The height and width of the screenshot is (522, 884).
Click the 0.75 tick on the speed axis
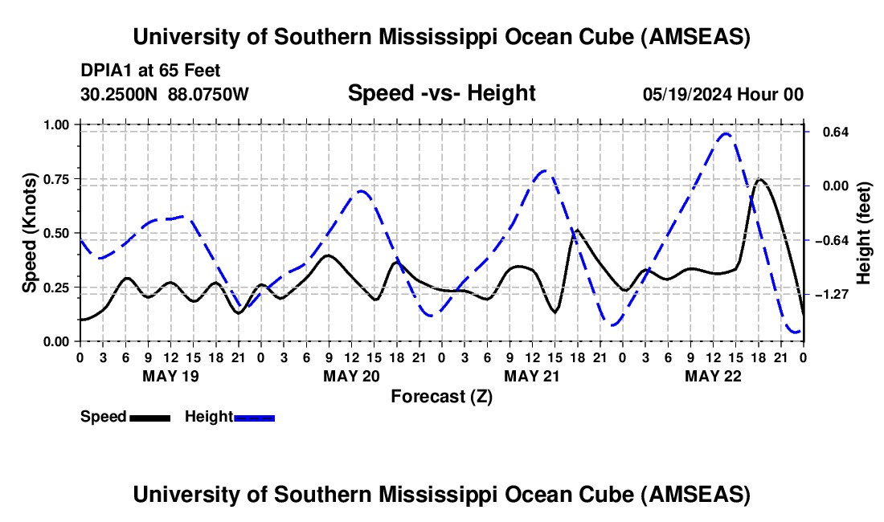80,179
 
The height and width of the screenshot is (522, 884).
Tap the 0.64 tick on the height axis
804,132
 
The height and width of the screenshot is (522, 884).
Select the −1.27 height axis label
830,295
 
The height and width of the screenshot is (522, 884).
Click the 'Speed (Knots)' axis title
30,233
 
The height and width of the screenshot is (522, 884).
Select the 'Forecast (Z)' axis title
441,396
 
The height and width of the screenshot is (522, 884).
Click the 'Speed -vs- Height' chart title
441,93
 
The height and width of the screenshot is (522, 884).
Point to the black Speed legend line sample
149,417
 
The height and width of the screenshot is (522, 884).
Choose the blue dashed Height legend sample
254,417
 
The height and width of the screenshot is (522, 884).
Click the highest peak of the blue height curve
726,134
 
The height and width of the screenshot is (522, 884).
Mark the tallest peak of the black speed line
759,179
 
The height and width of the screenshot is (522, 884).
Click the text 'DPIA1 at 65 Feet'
150,71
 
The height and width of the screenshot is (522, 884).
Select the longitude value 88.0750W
209,95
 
